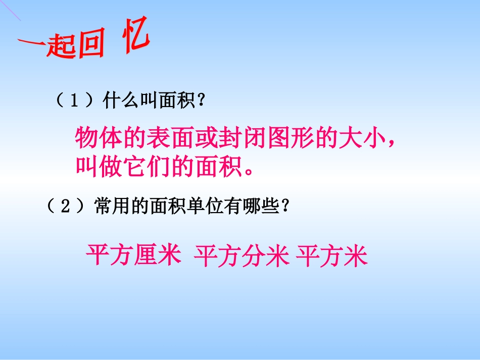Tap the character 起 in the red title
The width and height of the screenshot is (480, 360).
pos(61,48)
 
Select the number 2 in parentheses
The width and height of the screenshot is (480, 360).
pos(66,207)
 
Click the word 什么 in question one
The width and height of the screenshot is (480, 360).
pos(120,101)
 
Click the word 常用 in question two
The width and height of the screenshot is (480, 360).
pos(112,207)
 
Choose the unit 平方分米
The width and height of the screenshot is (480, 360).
pos(242,256)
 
